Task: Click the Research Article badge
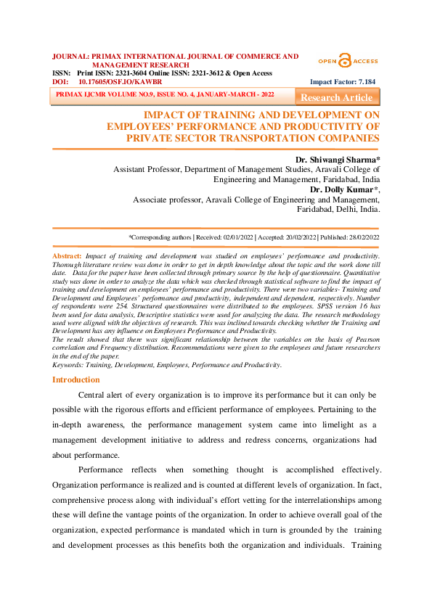point(336,97)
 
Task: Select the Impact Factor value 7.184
point(364,82)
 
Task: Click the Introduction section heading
point(76,380)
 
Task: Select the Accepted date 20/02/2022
point(300,237)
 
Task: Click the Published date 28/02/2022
point(360,237)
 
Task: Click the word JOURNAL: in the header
point(70,56)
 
